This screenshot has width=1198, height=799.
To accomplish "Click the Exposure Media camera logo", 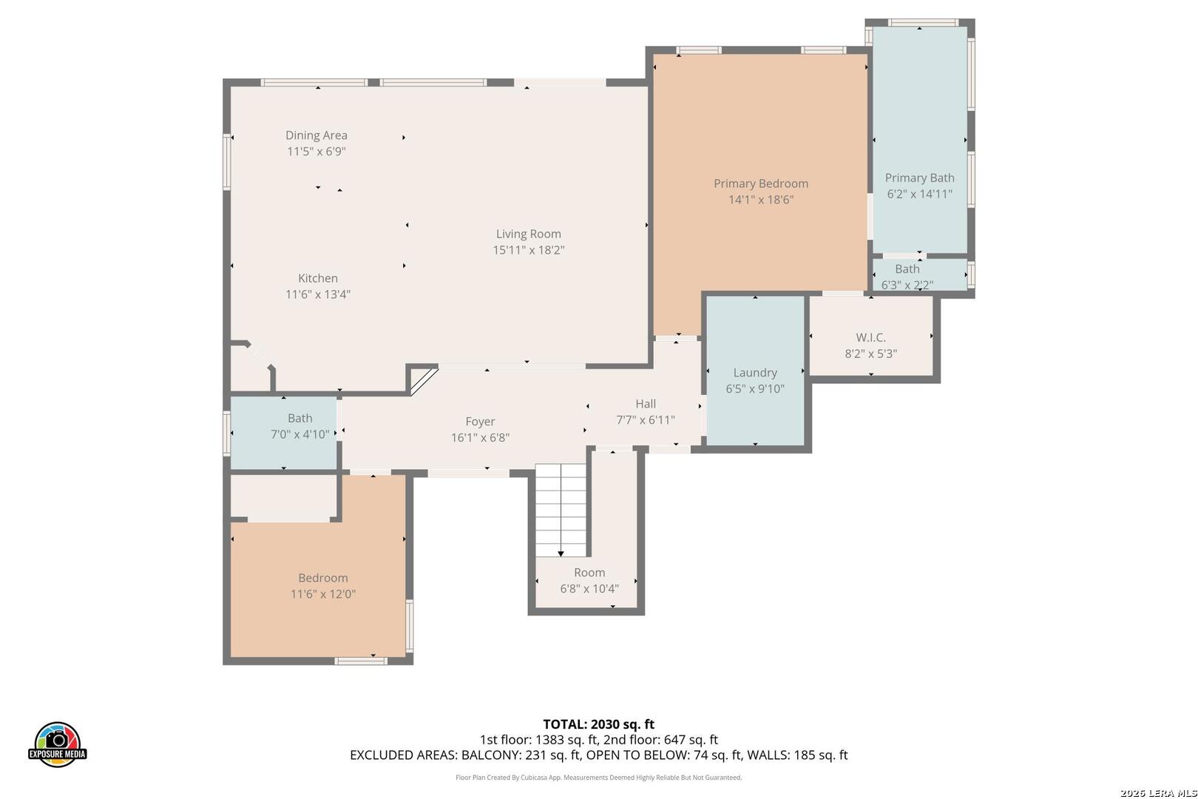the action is pos(57,744).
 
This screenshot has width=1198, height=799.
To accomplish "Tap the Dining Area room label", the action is pos(316,135).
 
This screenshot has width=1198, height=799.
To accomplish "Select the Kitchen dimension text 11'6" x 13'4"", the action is pos(318,294).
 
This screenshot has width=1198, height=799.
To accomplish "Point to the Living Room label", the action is pos(529,234).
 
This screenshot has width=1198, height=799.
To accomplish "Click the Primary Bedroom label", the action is pos(760,183).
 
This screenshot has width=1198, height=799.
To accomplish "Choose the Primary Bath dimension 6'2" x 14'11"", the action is pos(919,194).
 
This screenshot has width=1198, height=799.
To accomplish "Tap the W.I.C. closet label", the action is pos(870,337).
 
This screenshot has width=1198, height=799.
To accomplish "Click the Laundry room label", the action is pos(754,372).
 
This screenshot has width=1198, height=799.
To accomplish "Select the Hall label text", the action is pos(646,403).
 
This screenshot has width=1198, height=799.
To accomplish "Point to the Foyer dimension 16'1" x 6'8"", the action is pos(480,438).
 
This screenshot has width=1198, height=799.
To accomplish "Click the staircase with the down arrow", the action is pos(561,510).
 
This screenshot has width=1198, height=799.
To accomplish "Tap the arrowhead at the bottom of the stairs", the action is pos(561,554).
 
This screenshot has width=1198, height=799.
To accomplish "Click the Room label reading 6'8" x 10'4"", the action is pos(589,589).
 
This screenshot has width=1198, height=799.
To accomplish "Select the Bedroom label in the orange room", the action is pos(323,578).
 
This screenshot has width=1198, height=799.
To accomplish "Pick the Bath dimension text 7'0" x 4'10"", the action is pos(299,434).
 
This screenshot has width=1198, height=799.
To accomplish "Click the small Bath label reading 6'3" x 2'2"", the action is pos(907,269).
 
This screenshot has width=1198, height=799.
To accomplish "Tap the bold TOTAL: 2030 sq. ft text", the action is pos(598,724).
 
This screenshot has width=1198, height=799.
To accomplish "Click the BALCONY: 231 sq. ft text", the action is pos(521,755).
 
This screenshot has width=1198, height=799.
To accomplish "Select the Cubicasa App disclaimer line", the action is pos(598,777).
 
